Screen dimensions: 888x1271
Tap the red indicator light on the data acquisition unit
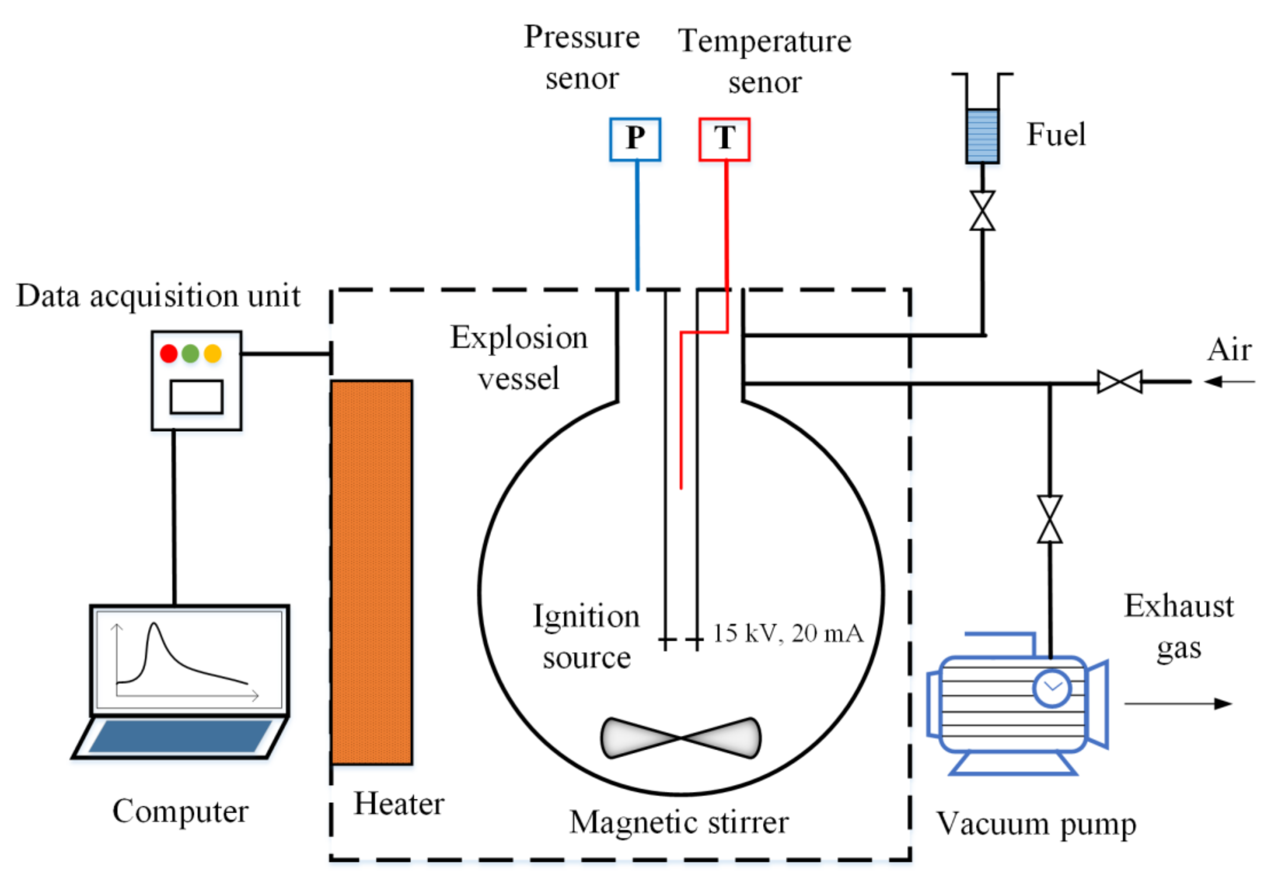click(x=169, y=353)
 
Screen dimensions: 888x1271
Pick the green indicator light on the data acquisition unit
click(x=190, y=353)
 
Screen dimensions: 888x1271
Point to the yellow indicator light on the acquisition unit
click(x=212, y=353)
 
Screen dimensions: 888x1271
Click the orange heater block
click(x=372, y=572)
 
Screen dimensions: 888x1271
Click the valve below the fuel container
click(x=983, y=211)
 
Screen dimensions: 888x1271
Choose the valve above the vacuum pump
click(x=1050, y=519)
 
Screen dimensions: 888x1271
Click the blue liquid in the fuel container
click(x=983, y=136)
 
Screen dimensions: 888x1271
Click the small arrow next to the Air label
click(x=1229, y=381)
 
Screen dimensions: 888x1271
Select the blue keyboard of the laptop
click(x=180, y=736)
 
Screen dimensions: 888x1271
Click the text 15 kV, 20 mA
click(x=788, y=633)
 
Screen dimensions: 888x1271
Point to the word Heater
click(x=399, y=804)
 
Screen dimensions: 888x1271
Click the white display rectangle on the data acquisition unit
click(x=196, y=396)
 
